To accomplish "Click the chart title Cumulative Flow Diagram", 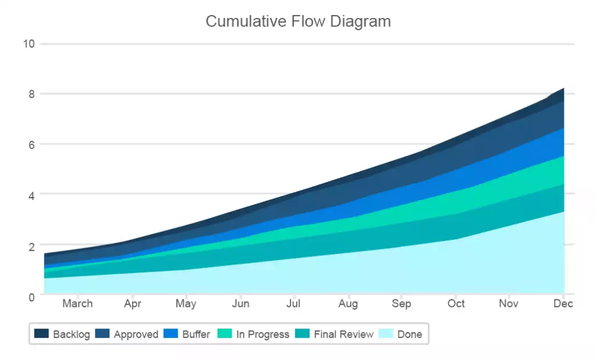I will point(298,22).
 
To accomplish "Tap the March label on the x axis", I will point(77,304).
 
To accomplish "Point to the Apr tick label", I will point(133,304).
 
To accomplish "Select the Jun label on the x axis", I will point(240,304).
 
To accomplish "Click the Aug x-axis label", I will point(348,304).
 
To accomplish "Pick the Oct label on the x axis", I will point(456,304).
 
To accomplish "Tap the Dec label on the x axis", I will point(563,304).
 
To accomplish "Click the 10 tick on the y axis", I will point(29,44).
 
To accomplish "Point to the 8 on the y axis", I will point(32,94).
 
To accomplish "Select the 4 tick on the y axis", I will point(32,195).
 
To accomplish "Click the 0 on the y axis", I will point(32,297).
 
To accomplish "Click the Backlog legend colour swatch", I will point(41,334).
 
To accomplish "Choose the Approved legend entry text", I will point(136,334).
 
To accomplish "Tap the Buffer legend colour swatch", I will point(170,334).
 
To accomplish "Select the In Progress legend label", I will point(262,334).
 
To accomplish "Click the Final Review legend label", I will point(343,334).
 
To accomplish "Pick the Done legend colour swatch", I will point(386,334).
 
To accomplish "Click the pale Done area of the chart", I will point(349,273).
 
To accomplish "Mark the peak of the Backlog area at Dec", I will point(563,89).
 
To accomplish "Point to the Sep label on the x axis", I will point(401,304).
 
